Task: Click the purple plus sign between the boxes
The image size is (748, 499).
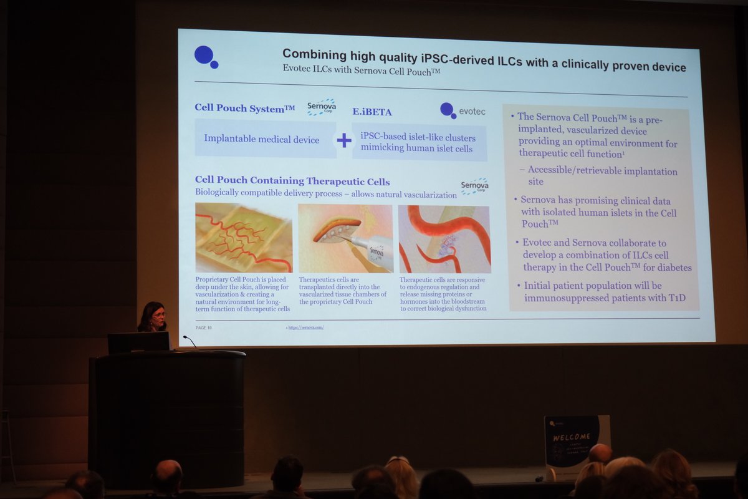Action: tap(344, 140)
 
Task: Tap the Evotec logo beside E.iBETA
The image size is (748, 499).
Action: tap(462, 111)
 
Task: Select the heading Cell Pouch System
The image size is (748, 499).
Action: tap(244, 108)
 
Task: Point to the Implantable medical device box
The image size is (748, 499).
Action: tap(262, 140)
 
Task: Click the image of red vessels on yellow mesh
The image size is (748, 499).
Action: tap(244, 238)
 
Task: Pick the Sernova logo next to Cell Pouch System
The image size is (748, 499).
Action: tap(322, 107)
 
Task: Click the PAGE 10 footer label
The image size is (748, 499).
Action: tap(203, 327)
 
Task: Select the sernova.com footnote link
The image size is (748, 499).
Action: tap(305, 327)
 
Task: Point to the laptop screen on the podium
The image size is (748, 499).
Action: tap(138, 342)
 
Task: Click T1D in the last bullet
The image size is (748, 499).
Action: tap(676, 298)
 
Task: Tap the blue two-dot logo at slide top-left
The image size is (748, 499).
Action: tap(206, 56)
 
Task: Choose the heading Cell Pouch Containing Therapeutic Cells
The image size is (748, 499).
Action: tap(292, 182)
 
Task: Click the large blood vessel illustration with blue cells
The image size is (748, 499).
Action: tap(444, 240)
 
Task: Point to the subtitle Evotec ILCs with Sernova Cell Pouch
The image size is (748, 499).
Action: tap(362, 71)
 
